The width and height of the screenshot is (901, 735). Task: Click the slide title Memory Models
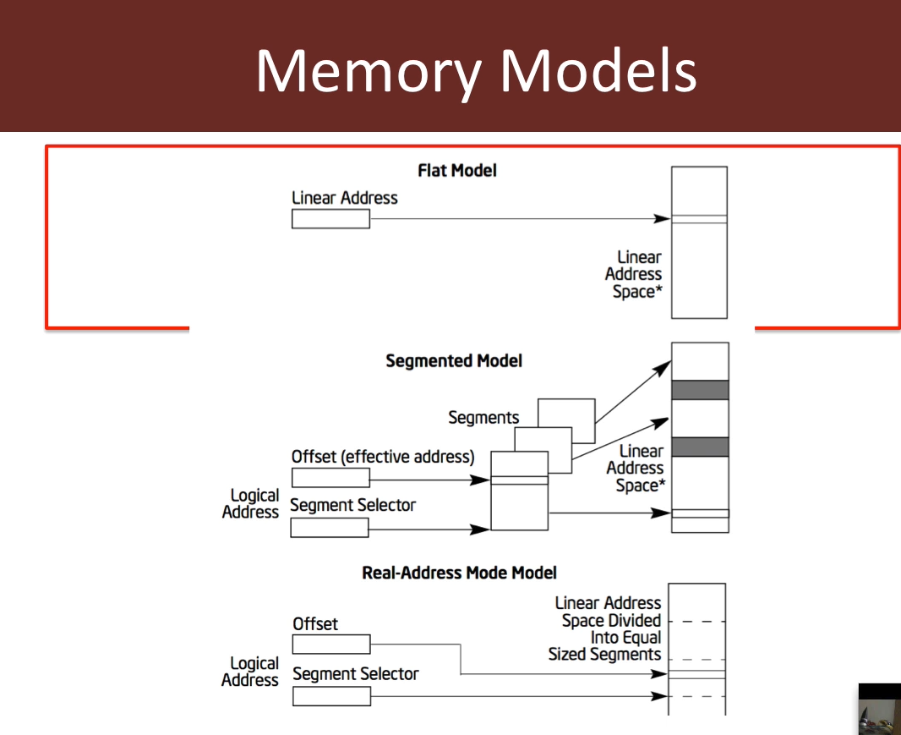coord(476,71)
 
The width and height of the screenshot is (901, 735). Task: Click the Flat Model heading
coord(457,171)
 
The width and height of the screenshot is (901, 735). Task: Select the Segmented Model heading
coord(454,361)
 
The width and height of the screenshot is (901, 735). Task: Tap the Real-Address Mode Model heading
coord(459,573)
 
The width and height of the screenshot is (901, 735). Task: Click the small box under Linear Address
coord(330,219)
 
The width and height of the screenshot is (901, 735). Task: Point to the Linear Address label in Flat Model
coord(344,198)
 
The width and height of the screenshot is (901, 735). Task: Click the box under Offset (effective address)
coord(330,478)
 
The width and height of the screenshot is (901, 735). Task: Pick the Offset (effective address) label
coord(383,457)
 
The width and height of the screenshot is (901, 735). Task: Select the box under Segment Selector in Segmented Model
coord(330,528)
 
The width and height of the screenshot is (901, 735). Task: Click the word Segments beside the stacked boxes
coord(483,418)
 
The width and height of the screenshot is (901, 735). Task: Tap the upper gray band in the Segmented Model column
coord(700,390)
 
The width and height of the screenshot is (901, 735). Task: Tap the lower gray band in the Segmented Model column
coord(700,447)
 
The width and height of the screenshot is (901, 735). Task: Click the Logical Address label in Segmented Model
coord(250,503)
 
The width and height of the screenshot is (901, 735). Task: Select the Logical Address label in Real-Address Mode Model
coord(250,672)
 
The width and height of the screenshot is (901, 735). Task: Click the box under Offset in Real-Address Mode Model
coord(331,644)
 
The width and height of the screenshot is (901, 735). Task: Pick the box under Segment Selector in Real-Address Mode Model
coord(331,696)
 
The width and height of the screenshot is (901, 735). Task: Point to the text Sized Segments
coord(604,655)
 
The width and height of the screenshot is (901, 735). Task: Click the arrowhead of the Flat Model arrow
coord(663,219)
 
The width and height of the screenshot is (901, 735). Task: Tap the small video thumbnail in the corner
coord(879,709)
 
